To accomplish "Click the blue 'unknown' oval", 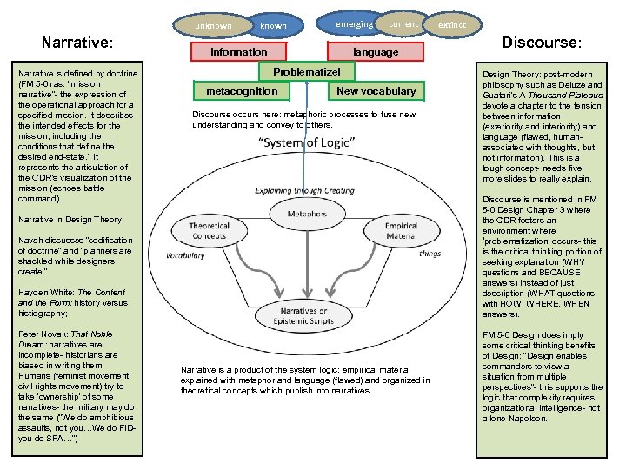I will tap(214, 26).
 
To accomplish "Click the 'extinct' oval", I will tap(452, 25).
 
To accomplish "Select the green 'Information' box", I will tap(239, 52).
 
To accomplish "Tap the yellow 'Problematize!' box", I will tap(306, 72).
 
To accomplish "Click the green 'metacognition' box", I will tap(242, 91).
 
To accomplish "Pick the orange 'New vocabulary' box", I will tap(376, 91).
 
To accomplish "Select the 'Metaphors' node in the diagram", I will tap(306, 213).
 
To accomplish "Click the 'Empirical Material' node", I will tap(401, 229).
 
